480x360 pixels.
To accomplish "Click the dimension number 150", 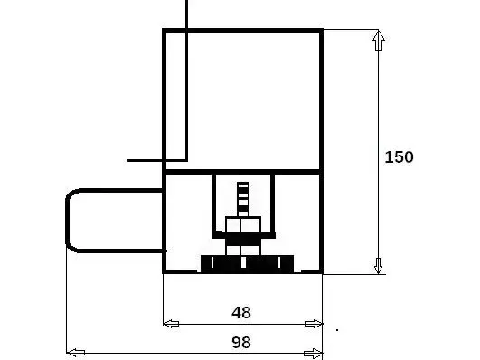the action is click(x=399, y=156).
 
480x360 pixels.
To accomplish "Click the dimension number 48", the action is click(x=241, y=312).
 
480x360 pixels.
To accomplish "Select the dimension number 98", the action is click(x=241, y=342).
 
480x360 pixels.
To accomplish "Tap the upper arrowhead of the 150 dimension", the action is click(x=379, y=40).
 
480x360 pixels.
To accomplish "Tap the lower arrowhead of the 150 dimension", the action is click(x=379, y=265).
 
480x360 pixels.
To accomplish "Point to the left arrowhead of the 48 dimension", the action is click(x=171, y=324).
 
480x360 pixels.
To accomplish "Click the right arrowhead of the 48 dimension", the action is click(x=314, y=324).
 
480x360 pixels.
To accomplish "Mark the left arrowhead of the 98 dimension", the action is click(x=76, y=353).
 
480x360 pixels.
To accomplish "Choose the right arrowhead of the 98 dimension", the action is click(x=313, y=353).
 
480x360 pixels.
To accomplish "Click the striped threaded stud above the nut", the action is click(x=243, y=199).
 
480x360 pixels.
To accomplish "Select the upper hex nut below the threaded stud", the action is click(x=243, y=224).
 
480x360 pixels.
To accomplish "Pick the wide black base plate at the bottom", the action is click(x=247, y=264).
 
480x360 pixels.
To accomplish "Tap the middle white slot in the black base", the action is click(x=243, y=262).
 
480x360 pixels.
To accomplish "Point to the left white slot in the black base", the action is click(x=212, y=262).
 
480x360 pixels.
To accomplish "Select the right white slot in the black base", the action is click(x=278, y=262).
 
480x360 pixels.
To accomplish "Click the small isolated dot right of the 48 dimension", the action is click(x=337, y=330).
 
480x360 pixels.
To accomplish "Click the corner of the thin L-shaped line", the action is click(x=186, y=160).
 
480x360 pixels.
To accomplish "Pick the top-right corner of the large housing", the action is click(x=322, y=31).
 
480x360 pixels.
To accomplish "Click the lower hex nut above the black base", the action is click(x=243, y=250).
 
